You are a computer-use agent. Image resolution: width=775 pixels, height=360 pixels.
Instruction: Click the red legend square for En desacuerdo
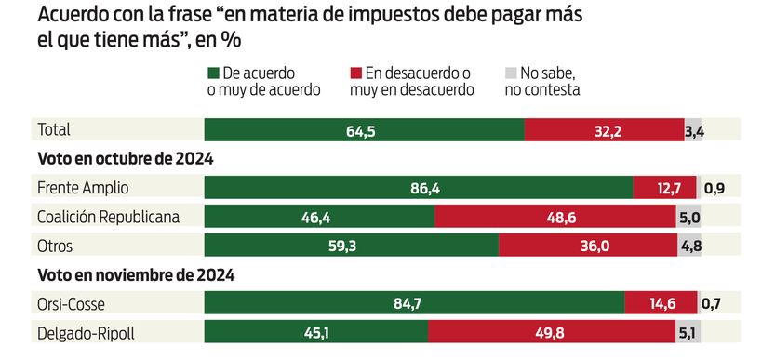tap(356, 73)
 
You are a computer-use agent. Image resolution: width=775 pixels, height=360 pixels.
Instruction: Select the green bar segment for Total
tap(364, 131)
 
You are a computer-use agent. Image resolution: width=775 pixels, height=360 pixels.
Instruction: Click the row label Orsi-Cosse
tap(72, 303)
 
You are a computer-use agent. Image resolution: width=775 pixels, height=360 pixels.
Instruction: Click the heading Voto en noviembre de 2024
tap(135, 275)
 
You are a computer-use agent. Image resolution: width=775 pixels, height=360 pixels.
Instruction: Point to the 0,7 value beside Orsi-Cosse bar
tap(712, 303)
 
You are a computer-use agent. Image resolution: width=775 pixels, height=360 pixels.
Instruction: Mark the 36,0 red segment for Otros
tap(588, 247)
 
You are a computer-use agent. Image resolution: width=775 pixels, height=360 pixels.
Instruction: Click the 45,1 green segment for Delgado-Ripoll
tap(315, 332)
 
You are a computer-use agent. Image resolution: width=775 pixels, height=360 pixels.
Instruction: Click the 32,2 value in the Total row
tap(606, 131)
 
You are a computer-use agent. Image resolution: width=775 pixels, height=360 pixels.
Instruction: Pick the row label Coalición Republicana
tap(108, 218)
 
